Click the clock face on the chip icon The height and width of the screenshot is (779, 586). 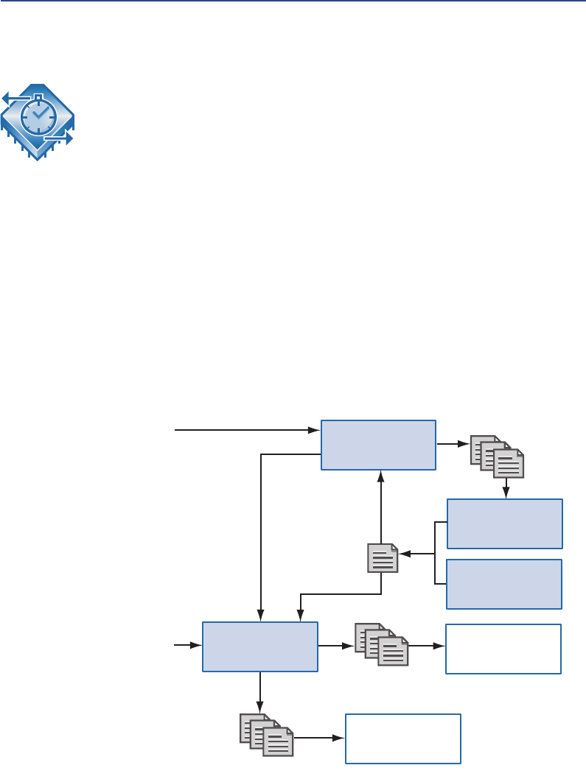tap(38, 116)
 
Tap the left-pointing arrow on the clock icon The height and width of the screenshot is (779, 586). tap(10, 96)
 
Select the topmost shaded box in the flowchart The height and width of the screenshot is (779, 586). tap(378, 445)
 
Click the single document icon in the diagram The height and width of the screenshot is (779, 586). tap(383, 557)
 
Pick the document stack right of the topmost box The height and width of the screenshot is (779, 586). tap(497, 456)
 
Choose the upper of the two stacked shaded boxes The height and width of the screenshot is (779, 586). tap(505, 524)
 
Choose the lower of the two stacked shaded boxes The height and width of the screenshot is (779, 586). tap(505, 584)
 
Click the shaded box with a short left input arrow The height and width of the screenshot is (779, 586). tap(259, 646)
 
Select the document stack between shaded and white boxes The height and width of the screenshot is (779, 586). tap(380, 645)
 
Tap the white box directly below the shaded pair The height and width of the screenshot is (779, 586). tap(503, 649)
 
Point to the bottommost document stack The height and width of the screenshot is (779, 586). tap(266, 735)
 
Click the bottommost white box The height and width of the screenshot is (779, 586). tap(403, 739)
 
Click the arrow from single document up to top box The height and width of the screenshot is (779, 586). tap(380, 508)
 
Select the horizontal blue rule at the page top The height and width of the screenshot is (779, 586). tap(293, 2)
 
